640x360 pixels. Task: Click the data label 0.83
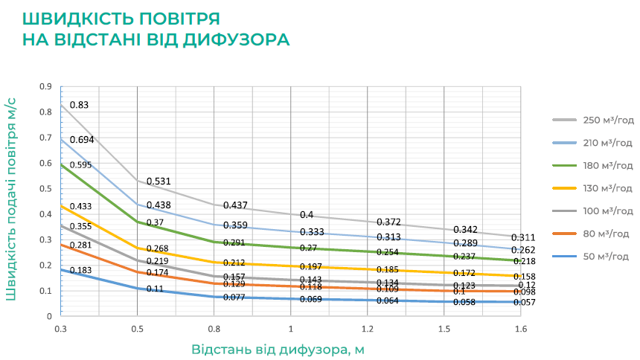tap(80, 105)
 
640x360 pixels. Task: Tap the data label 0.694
tap(81, 140)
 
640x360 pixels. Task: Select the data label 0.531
tap(159, 181)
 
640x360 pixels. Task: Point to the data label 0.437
tap(235, 205)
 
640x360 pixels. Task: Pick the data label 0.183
tap(80, 270)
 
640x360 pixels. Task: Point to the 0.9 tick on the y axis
tap(46, 86)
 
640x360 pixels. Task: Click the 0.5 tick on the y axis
tap(46, 188)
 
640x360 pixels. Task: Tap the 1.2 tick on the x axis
tap(367, 328)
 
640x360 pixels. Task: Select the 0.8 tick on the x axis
tap(214, 328)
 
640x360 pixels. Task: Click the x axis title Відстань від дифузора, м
tap(278, 349)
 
